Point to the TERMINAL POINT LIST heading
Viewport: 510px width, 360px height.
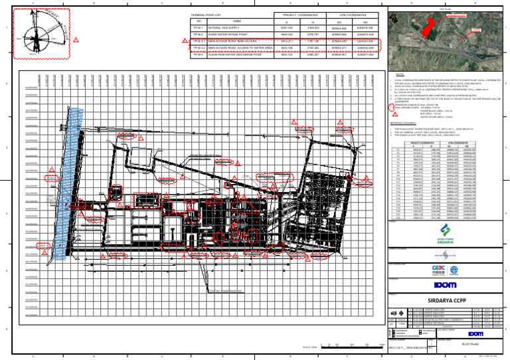tap(206, 13)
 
